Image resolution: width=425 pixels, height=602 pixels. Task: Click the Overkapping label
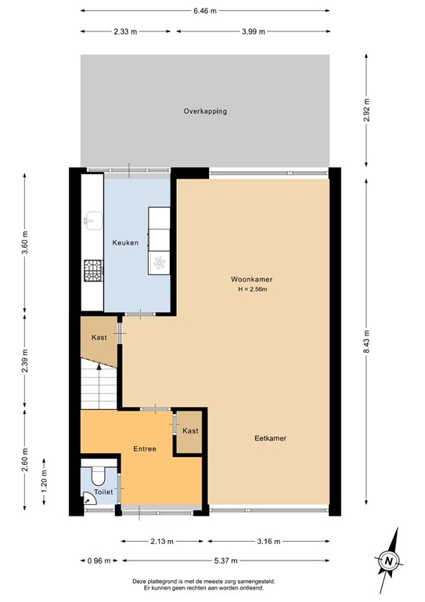(x=205, y=111)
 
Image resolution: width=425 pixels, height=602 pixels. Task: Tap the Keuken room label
(x=125, y=243)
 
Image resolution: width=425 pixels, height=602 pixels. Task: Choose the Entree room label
(x=144, y=449)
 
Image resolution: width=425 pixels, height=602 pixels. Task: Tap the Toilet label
(x=103, y=492)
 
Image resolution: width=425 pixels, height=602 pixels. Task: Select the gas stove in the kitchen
(x=92, y=270)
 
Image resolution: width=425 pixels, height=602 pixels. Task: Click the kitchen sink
(x=92, y=219)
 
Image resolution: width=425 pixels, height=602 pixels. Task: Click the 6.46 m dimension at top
(x=204, y=11)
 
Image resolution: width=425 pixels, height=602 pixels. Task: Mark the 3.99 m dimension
(x=250, y=31)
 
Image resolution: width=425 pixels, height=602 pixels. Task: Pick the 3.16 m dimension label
(x=268, y=541)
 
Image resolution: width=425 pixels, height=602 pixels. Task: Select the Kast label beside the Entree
(x=190, y=431)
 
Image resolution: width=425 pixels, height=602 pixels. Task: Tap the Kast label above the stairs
(x=99, y=337)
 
